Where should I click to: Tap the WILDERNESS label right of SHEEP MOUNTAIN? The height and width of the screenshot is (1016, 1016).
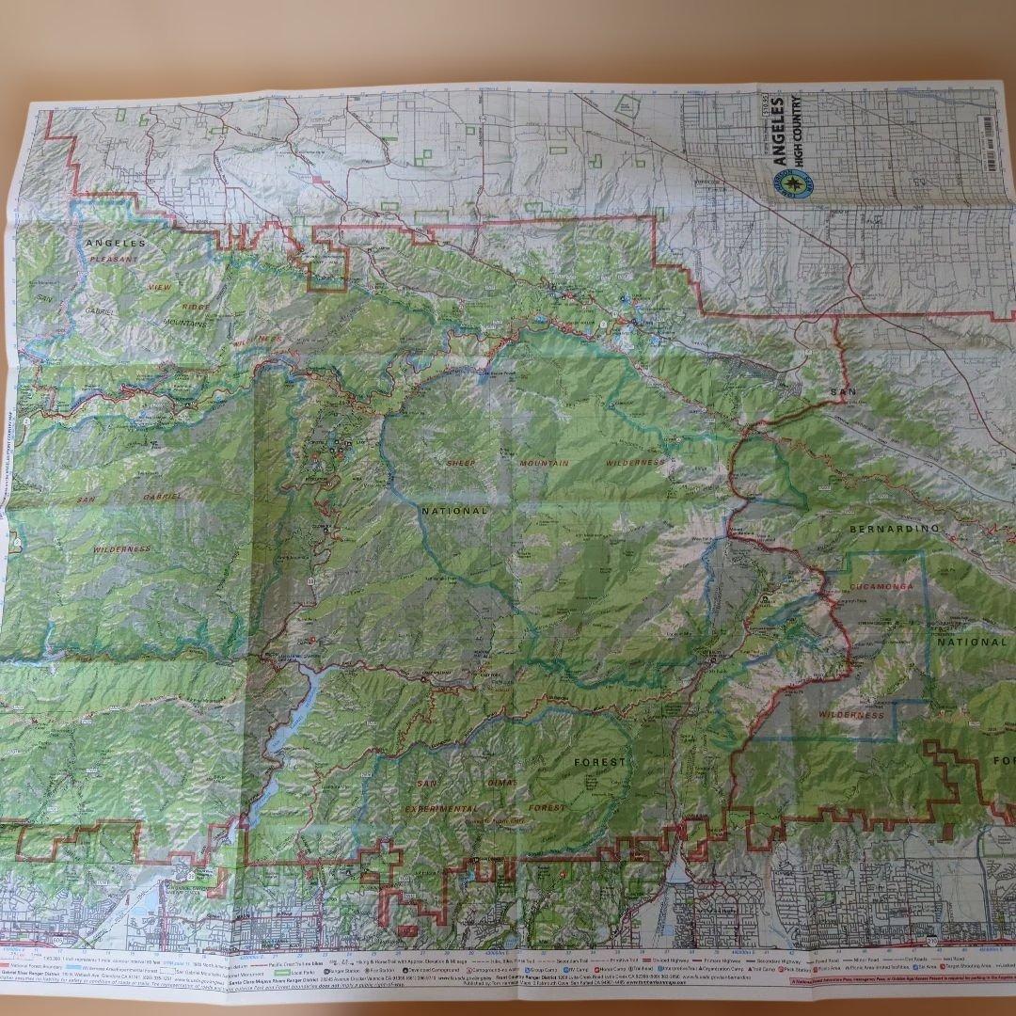pos(637,463)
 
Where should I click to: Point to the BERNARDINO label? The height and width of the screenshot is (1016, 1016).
pos(894,530)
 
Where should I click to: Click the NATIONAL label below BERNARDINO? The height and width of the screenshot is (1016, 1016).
pos(971,643)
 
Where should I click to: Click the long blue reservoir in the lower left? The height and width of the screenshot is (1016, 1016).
pos(287,720)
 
